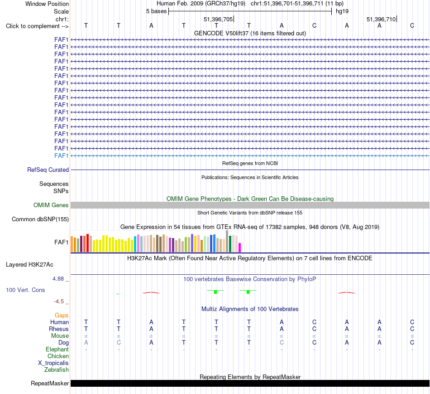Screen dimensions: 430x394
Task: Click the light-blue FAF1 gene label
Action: click(61, 156)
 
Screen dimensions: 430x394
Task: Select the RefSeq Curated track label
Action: click(48, 170)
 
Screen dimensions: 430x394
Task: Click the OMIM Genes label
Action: click(51, 205)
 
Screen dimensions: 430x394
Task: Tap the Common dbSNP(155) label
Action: click(40, 219)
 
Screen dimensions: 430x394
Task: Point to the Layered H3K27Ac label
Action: click(29, 265)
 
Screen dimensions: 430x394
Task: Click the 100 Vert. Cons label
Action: click(25, 290)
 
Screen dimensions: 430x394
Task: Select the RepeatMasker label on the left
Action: click(50, 383)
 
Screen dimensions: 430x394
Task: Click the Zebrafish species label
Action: click(57, 370)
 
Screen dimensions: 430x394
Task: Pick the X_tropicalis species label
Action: click(53, 363)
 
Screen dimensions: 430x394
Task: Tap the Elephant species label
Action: click(57, 349)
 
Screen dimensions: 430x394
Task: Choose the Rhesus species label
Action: click(59, 329)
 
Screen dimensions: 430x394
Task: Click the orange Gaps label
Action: click(62, 316)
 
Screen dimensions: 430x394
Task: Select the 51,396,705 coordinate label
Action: click(218, 19)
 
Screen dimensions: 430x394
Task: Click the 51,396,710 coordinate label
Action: click(381, 19)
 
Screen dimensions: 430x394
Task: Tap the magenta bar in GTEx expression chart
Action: click(240, 247)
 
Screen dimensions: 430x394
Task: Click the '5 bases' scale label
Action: click(156, 11)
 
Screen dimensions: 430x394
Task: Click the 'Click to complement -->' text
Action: click(37, 26)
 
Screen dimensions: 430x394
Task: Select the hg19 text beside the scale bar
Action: click(342, 11)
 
